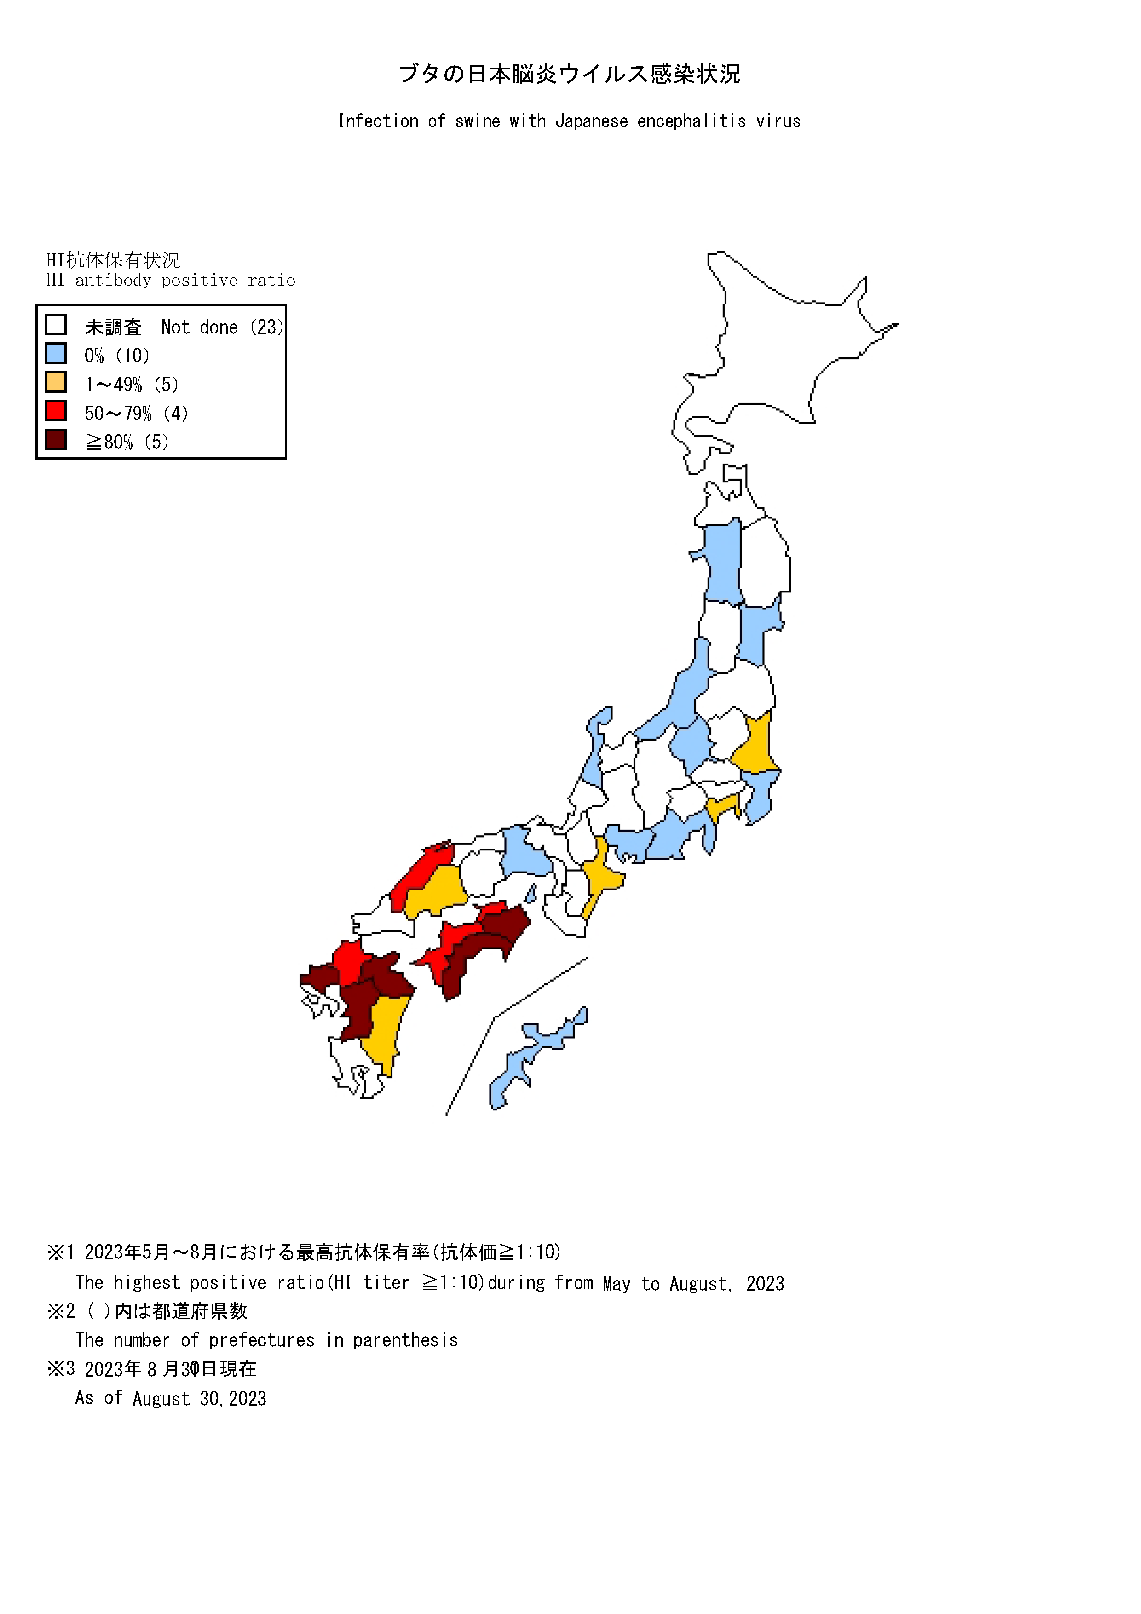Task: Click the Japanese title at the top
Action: (x=570, y=74)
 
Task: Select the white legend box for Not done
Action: (x=56, y=325)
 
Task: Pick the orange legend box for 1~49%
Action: (x=56, y=382)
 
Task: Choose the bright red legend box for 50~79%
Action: (x=56, y=411)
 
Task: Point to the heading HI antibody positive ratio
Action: (x=171, y=281)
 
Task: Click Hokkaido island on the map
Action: (x=773, y=351)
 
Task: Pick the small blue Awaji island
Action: (x=531, y=893)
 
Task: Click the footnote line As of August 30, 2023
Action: (x=171, y=1398)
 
